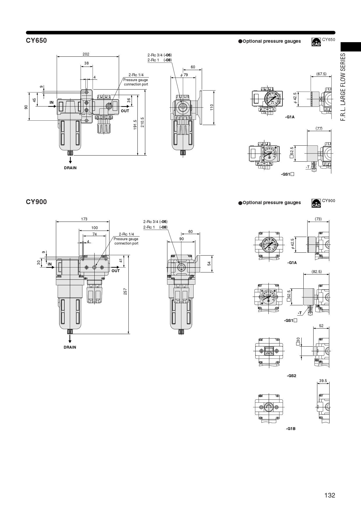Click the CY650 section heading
(x=36, y=40)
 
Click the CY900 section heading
(x=36, y=202)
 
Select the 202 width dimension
(x=86, y=54)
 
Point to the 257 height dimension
(x=125, y=291)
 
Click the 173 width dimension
(x=84, y=219)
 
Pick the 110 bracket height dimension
(x=212, y=107)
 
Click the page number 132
(x=330, y=495)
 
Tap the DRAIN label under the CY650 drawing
(x=70, y=168)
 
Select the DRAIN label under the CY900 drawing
(x=70, y=347)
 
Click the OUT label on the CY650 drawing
(x=125, y=111)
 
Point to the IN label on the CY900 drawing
(x=50, y=264)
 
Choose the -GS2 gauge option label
(x=291, y=376)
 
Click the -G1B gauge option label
(x=291, y=429)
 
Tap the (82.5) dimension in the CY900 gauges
(x=316, y=272)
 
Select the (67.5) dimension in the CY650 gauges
(x=321, y=74)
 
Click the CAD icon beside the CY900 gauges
(x=316, y=203)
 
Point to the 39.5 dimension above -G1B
(x=323, y=381)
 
